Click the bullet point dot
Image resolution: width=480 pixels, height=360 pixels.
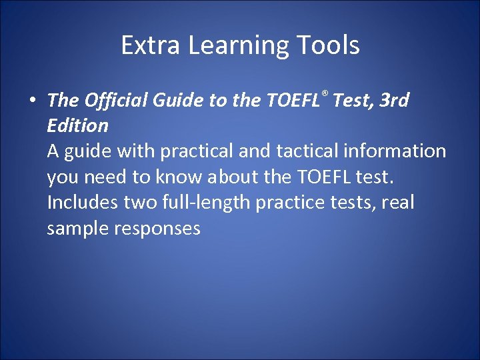[32, 101]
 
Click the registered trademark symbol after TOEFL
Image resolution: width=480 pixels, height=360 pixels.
[324, 93]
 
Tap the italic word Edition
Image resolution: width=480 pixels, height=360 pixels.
[77, 125]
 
